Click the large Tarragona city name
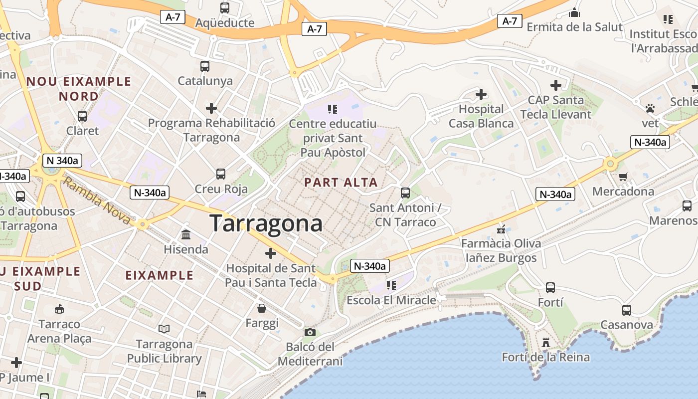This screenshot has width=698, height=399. pos(266,223)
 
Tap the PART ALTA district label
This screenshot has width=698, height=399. pos(341,183)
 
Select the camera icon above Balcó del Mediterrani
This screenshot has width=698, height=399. pos(310,332)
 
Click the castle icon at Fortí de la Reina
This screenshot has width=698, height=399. pos(546,343)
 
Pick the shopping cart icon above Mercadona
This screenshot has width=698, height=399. pos(623,177)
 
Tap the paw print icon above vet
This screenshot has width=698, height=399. pos(650,108)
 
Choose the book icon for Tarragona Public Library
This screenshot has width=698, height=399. pos(164,329)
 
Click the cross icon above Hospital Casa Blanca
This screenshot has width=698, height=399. pos(481,94)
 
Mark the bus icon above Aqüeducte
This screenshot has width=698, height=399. pos(225,8)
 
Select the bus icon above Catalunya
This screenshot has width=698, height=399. pos(204,66)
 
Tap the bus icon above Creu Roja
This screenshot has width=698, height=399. pos(221,174)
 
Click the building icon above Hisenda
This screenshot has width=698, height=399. pos(186,234)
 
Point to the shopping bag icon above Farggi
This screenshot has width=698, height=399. pos(262,308)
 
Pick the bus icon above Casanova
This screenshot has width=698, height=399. pos(627,310)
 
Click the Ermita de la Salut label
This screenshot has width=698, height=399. pos(574,27)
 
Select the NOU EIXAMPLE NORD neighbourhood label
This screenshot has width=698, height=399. pos(79,88)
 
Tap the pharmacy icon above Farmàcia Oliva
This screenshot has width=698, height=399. pos(501,229)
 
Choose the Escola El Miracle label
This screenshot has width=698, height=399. pos(391,300)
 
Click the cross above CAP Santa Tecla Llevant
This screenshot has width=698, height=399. pos(556,85)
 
